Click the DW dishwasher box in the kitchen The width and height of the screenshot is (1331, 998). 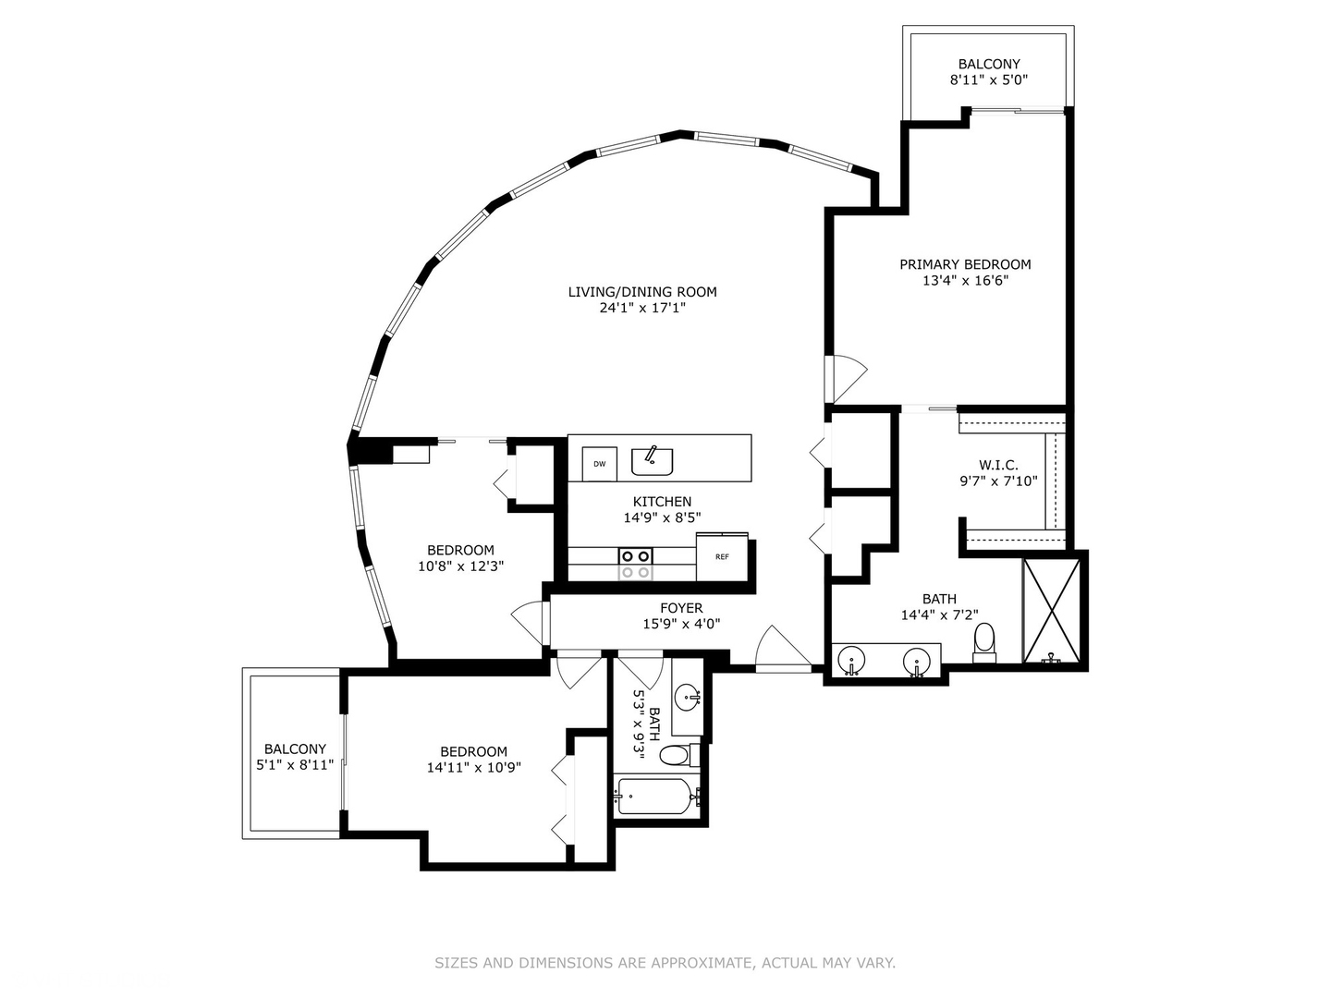pos(599,464)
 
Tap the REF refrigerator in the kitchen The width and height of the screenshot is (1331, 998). pos(722,556)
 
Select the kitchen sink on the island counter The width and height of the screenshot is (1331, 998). pos(652,460)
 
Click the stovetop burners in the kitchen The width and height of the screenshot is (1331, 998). pos(635,564)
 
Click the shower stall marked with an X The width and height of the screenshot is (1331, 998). pos(1051,611)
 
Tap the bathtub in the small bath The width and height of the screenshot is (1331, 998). pos(654,797)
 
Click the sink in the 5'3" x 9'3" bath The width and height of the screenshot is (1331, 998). pos(686,697)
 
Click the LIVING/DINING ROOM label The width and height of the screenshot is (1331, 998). pos(642,292)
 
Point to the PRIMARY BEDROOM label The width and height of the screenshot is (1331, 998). pos(965,264)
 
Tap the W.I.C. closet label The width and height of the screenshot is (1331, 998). pos(998,465)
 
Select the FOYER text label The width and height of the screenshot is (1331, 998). pos(681,608)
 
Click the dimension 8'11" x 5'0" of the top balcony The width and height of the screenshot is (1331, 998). pos(989,79)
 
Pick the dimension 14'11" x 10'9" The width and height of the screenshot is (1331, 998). pos(473,767)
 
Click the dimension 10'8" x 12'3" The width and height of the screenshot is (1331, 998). pos(460,566)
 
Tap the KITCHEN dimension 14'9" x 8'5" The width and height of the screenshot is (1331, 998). pos(662,517)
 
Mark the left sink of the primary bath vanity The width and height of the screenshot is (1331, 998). pos(850,662)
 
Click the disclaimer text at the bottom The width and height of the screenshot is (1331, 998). pos(665,963)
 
